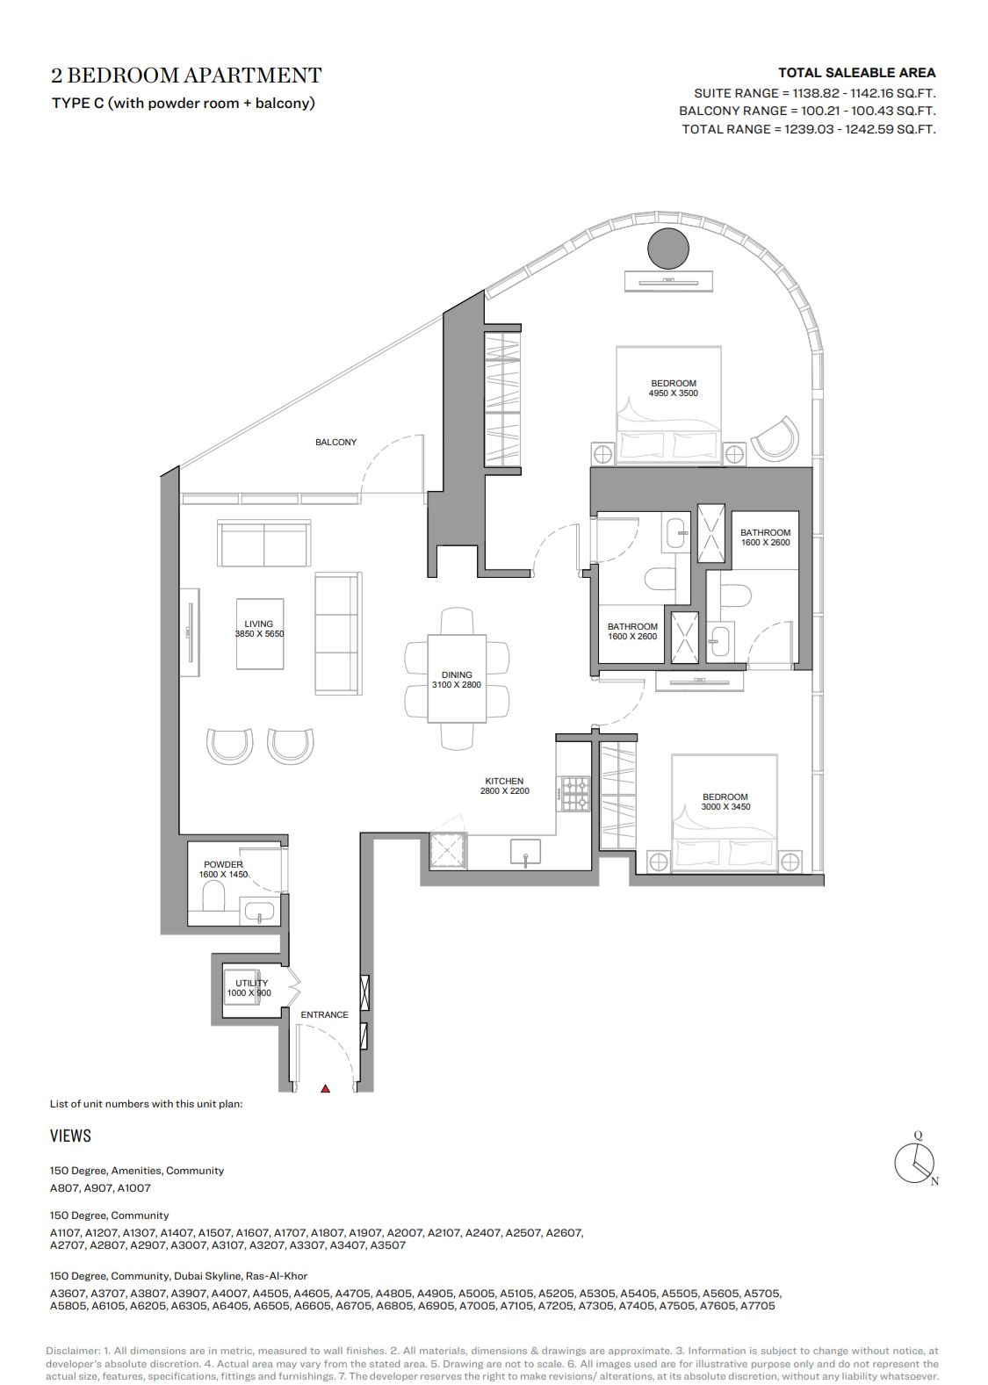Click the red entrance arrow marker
click(x=325, y=1089)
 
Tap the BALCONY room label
click(x=335, y=442)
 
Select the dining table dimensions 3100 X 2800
click(x=457, y=684)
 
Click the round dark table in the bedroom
click(x=667, y=248)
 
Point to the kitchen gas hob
click(x=575, y=794)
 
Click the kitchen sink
click(x=525, y=851)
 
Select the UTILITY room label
click(x=252, y=983)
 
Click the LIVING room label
click(x=258, y=624)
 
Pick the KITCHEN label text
click(x=504, y=781)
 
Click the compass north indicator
click(x=934, y=1181)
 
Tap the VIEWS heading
click(x=70, y=1136)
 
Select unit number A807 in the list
click(x=64, y=1187)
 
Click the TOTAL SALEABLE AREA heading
click(x=856, y=72)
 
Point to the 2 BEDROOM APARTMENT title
click(x=186, y=76)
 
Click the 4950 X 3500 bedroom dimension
click(x=674, y=393)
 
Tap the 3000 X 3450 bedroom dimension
click(x=725, y=807)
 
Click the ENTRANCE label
click(x=325, y=1014)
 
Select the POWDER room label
click(x=223, y=864)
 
